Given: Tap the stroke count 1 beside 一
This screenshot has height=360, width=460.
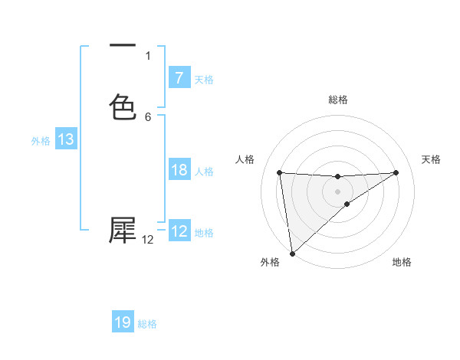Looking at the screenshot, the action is point(148,56).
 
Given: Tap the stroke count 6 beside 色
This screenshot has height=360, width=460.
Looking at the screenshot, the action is point(148,116).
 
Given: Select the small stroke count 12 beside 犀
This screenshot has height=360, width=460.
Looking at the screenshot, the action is point(148,240).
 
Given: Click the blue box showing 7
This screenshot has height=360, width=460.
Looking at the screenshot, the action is point(179,77).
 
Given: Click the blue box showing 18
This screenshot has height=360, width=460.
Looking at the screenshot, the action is point(179,170).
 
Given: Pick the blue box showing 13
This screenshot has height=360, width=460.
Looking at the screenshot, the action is point(66,139).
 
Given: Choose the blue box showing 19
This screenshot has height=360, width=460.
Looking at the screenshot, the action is point(123,322).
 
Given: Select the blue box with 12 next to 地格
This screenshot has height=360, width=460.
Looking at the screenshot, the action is point(179,231).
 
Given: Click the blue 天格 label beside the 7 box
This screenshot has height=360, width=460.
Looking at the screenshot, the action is point(204,79).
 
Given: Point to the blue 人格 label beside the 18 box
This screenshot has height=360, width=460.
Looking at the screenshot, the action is point(204,172).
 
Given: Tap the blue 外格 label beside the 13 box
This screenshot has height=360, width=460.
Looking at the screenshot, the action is point(41,141).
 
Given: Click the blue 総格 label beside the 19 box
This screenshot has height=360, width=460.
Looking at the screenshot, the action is point(147,324).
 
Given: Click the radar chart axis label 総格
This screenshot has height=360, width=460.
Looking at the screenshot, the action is point(338,100).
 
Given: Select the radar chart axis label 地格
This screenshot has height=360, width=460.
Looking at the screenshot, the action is point(402,262).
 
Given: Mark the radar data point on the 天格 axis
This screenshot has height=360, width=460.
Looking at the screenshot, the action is point(396,172).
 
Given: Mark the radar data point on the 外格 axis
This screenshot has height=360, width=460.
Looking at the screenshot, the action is point(291,253).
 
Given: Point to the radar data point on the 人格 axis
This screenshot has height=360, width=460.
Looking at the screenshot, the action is point(279,172).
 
